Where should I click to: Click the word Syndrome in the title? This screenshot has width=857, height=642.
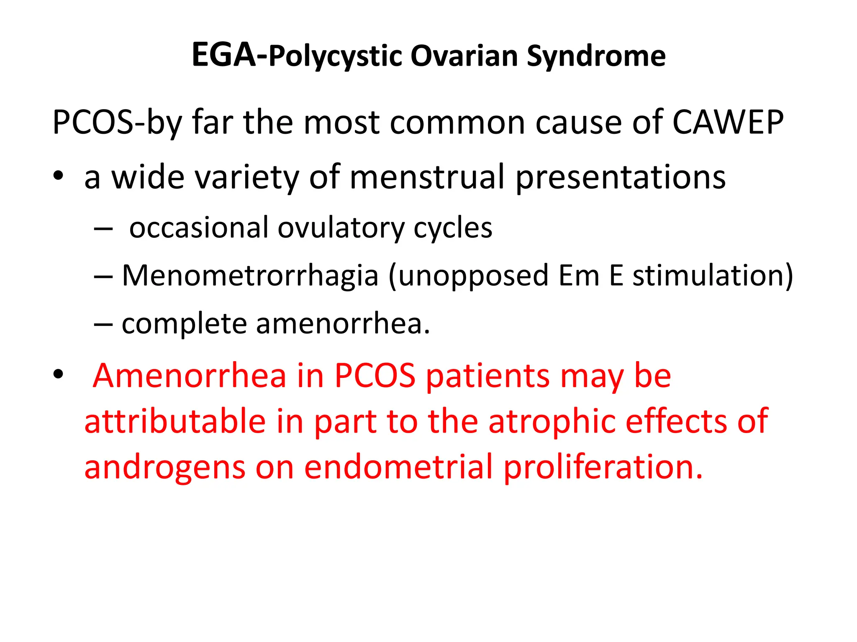point(596,56)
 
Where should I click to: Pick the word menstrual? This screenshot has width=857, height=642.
point(426,177)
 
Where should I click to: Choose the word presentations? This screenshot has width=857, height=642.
point(620,178)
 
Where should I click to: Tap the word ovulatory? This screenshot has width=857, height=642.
point(341,228)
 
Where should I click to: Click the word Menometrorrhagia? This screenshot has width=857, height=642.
point(250,276)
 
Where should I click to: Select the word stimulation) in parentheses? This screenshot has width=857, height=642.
point(712,276)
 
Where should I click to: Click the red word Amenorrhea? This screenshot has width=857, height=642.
point(190,375)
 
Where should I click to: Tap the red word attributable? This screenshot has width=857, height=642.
point(175,421)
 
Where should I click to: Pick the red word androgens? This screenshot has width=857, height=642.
point(164,467)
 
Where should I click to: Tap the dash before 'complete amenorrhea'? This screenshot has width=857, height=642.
point(103,325)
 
